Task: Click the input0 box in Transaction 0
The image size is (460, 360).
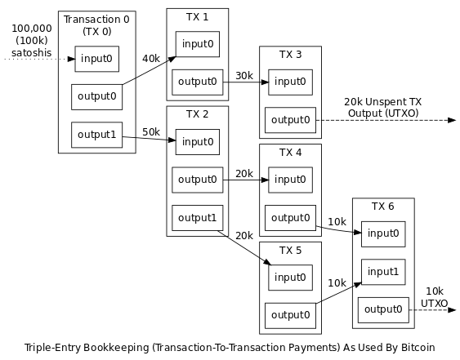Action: click(x=96, y=59)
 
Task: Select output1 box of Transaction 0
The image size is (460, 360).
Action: click(x=96, y=135)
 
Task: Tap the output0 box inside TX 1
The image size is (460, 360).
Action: click(x=198, y=82)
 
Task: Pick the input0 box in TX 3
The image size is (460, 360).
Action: click(x=290, y=82)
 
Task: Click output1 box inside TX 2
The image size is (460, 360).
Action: click(x=198, y=218)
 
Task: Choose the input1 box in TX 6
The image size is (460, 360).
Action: click(x=383, y=272)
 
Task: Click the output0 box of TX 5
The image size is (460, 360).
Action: click(x=290, y=315)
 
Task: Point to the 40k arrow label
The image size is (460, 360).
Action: click(x=151, y=59)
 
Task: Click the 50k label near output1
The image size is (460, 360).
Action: click(x=151, y=132)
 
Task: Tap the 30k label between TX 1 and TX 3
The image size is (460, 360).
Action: click(x=244, y=76)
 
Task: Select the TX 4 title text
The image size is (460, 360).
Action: click(x=290, y=153)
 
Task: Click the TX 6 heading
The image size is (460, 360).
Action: click(x=383, y=207)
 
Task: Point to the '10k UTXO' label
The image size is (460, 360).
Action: click(x=435, y=297)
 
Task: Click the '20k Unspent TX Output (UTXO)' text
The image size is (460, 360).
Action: click(x=383, y=108)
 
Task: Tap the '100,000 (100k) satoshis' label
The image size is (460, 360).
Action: click(x=32, y=41)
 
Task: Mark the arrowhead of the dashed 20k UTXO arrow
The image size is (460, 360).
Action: click(x=452, y=120)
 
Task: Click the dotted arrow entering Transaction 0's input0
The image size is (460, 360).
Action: click(x=40, y=60)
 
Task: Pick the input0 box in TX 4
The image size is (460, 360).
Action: click(x=290, y=180)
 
